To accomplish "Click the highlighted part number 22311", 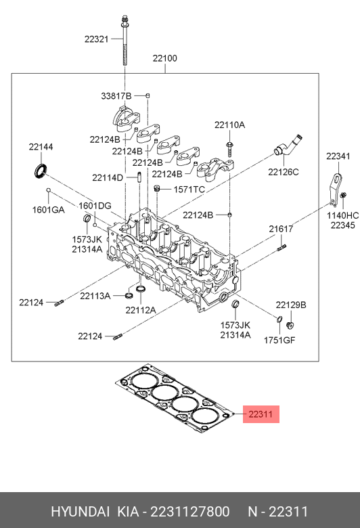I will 260,414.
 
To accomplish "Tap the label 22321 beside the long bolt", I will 96,39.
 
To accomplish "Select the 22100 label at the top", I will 164,59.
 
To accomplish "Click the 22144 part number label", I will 41,147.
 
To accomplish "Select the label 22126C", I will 283,172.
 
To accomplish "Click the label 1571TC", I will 189,190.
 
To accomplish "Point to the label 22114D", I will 108,178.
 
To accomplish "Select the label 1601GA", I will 48,209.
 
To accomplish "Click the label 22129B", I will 290,305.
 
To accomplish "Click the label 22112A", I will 140,310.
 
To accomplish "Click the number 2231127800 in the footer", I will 192,511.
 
